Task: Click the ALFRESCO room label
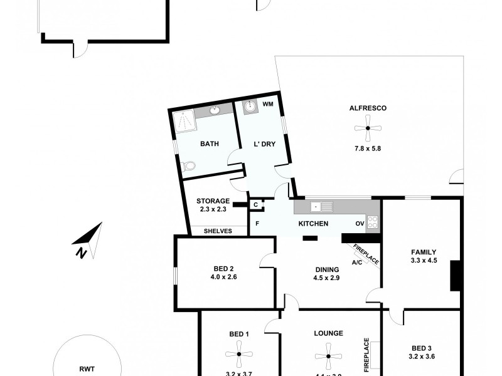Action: click(x=368, y=108)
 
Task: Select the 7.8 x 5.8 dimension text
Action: click(x=368, y=149)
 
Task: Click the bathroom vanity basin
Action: click(x=215, y=111)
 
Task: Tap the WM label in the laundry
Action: click(x=267, y=104)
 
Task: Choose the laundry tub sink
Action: click(x=250, y=107)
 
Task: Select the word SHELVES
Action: click(x=218, y=231)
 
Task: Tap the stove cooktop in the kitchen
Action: click(x=372, y=221)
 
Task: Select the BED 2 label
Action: click(x=224, y=269)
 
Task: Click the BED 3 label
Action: click(x=422, y=348)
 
